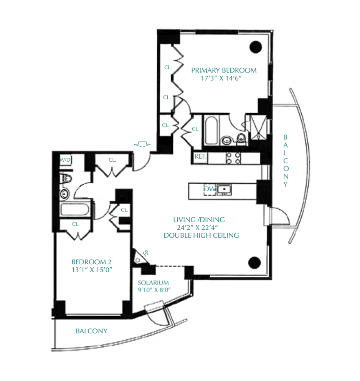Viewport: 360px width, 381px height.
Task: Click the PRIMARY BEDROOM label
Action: pyautogui.click(x=224, y=70)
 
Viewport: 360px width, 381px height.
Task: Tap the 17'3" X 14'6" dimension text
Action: pyautogui.click(x=221, y=78)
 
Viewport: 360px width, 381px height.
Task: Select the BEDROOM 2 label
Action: pyautogui.click(x=91, y=262)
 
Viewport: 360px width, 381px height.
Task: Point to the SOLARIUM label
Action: pyautogui.click(x=153, y=283)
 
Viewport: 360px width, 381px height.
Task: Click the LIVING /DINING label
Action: pyautogui.click(x=199, y=220)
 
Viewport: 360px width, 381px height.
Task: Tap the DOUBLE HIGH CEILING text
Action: pyautogui.click(x=201, y=235)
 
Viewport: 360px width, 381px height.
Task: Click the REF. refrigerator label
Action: pyautogui.click(x=200, y=156)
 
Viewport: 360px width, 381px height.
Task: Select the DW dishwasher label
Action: pyautogui.click(x=210, y=189)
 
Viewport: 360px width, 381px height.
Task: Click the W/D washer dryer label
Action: pyautogui.click(x=65, y=160)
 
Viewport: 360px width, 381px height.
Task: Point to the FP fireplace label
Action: pyautogui.click(x=146, y=253)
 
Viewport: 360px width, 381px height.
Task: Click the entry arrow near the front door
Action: pyautogui.click(x=142, y=144)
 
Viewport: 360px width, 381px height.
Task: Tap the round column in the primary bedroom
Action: pyautogui.click(x=256, y=47)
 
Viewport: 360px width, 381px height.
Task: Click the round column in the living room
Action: pyautogui.click(x=254, y=263)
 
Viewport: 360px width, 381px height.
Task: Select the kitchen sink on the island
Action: pyautogui.click(x=224, y=189)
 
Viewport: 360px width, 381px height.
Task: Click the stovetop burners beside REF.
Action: pyautogui.click(x=233, y=158)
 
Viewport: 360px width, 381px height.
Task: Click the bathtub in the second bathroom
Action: pyautogui.click(x=75, y=209)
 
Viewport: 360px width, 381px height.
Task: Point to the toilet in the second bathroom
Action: pyautogui.click(x=66, y=179)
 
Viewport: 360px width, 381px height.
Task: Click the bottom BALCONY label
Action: pyautogui.click(x=91, y=331)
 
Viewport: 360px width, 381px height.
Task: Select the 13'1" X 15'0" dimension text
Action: pyautogui.click(x=92, y=270)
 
